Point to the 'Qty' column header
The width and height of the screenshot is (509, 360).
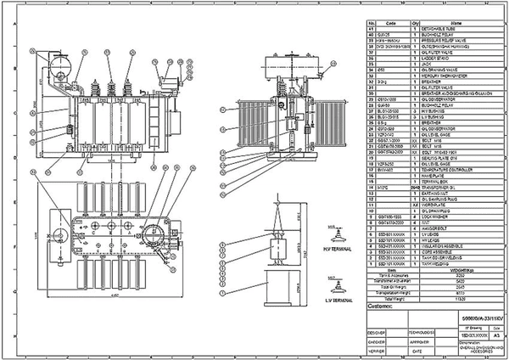[x=416, y=23]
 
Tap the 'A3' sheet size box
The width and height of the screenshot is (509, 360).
[x=487, y=335]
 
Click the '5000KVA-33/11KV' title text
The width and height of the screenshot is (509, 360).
[x=471, y=315]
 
